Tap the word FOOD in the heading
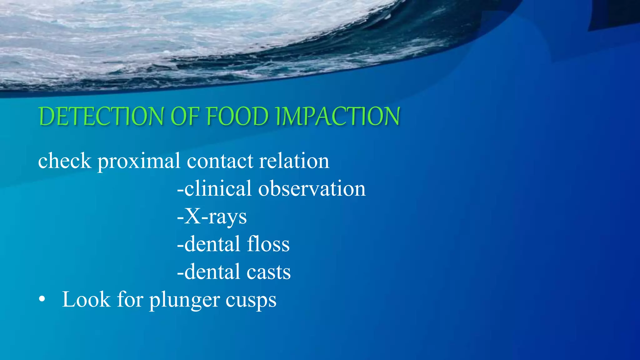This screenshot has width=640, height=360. pos(237,116)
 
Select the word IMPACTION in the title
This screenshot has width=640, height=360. pos(338,116)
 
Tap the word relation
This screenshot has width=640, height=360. pos(294,161)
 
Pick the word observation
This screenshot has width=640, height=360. pos(312,188)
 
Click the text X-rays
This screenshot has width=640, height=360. pos(212,217)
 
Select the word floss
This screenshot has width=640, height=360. pos(268,244)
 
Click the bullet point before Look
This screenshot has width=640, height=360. pos(42,299)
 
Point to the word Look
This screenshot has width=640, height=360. pos(87,299)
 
